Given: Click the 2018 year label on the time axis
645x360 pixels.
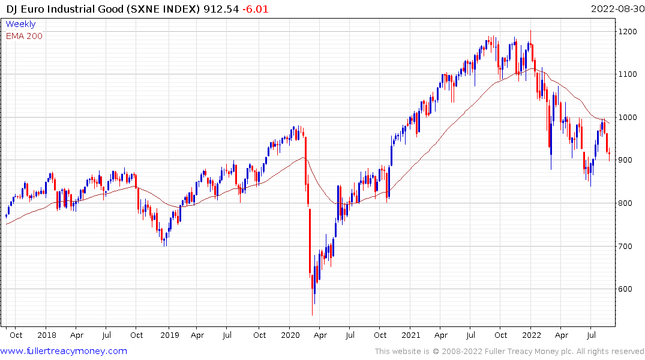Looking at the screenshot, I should (46, 335).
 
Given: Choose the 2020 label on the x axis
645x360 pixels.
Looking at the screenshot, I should (290, 335).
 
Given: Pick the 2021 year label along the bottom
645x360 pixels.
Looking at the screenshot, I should (411, 335).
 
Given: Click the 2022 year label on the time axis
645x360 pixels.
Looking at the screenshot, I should (532, 335).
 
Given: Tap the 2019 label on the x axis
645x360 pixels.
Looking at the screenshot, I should (169, 335).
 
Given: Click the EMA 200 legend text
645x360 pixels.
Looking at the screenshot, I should (24, 36).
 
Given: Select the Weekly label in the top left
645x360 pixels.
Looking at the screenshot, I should (20, 24).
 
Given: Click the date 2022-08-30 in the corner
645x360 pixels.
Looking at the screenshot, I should (616, 9).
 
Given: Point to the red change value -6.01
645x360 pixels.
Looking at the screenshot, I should (255, 9).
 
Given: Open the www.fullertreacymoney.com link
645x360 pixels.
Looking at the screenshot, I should (64, 351).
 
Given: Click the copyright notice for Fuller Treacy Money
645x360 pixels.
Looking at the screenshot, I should (509, 352).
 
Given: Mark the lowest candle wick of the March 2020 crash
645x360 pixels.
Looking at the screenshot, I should (312, 314).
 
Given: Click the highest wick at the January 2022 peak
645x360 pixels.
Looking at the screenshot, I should (530, 31).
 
